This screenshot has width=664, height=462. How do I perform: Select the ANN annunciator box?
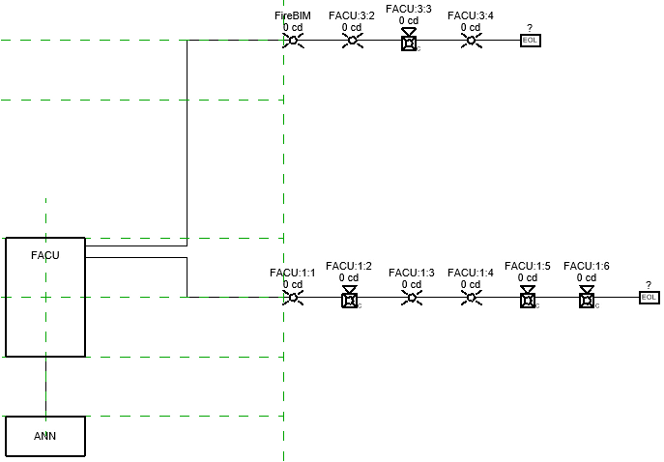click(45, 436)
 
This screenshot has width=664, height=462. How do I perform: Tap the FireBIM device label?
click(293, 16)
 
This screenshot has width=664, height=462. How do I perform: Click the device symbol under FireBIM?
click(294, 41)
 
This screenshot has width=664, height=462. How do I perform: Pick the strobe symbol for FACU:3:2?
click(352, 41)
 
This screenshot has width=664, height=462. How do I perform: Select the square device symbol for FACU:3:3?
click(409, 41)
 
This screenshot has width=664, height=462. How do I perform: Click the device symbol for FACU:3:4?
click(471, 41)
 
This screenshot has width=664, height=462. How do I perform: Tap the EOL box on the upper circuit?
click(530, 41)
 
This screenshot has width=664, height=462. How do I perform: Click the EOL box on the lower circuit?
click(650, 298)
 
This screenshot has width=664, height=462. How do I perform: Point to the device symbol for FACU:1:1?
click(293, 298)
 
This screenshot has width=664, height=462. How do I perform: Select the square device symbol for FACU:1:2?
click(350, 299)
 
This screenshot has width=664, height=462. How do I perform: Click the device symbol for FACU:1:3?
click(412, 298)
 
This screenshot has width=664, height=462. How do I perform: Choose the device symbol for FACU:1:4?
click(471, 298)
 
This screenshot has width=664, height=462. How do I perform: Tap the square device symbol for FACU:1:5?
click(528, 299)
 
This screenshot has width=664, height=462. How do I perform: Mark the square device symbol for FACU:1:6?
click(586, 299)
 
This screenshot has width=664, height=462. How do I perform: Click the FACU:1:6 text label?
click(587, 266)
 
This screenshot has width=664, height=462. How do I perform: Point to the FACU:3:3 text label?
click(409, 9)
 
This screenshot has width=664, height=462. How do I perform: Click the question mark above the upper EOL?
click(530, 28)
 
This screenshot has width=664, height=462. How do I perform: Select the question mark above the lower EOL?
click(650, 284)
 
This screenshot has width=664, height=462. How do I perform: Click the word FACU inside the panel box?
click(45, 255)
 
